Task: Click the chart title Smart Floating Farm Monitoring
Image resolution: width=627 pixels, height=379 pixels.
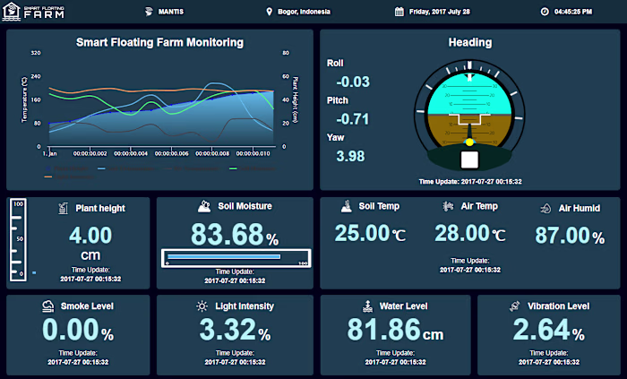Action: [159, 42]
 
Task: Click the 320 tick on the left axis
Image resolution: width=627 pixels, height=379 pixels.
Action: [35, 53]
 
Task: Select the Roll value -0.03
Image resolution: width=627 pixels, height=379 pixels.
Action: [352, 82]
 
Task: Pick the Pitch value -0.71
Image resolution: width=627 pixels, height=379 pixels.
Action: [352, 119]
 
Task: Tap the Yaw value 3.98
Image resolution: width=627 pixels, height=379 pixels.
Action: [350, 156]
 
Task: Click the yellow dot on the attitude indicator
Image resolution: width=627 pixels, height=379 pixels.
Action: [469, 142]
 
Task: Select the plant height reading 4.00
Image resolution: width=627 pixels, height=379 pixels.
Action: [90, 236]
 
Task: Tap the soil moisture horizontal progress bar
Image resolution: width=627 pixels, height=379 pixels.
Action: [236, 257]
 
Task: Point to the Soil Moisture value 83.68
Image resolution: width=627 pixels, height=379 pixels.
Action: [228, 235]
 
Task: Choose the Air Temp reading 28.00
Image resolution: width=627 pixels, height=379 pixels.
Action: [461, 234]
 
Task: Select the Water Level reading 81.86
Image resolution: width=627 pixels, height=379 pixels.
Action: [384, 330]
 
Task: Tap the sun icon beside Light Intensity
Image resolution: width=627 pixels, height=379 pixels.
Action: [202, 306]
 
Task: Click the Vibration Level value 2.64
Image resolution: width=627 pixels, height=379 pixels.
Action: [540, 330]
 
